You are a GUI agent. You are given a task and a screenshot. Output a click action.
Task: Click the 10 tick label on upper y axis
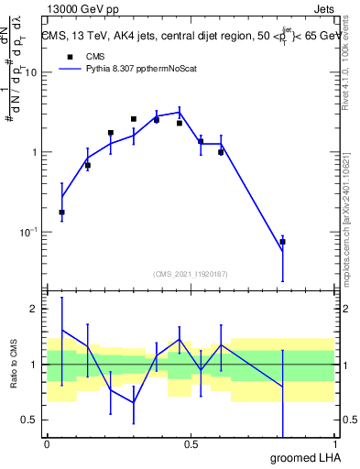(32, 73)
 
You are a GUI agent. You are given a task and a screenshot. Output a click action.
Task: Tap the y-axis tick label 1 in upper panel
(35, 153)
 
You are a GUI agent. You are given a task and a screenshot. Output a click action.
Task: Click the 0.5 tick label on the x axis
(191, 443)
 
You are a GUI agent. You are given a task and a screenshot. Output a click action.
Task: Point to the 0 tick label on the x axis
(47, 443)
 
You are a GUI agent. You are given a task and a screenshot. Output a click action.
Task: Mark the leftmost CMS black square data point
(61, 213)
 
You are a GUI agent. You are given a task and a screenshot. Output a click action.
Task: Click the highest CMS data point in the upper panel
(134, 119)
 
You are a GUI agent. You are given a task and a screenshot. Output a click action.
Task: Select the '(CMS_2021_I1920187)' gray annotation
(190, 273)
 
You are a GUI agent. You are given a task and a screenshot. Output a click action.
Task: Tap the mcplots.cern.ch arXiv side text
(352, 220)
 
